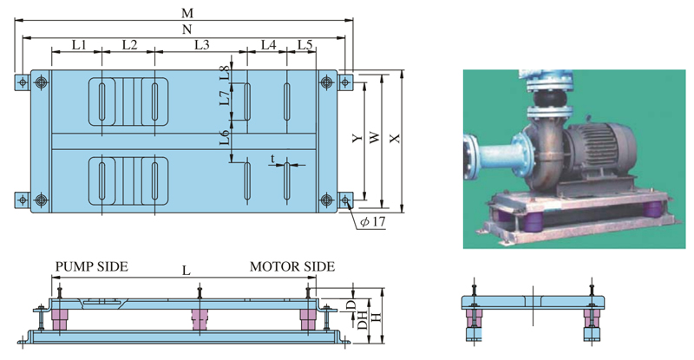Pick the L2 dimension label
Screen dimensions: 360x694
tap(129, 44)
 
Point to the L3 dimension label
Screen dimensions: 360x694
tap(202, 44)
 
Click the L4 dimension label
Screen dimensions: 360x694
tap(267, 44)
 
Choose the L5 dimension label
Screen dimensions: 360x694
tap(304, 44)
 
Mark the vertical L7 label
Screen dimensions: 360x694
tap(225, 100)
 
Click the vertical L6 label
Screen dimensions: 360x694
tap(225, 137)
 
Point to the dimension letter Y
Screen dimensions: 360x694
tap(355, 140)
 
